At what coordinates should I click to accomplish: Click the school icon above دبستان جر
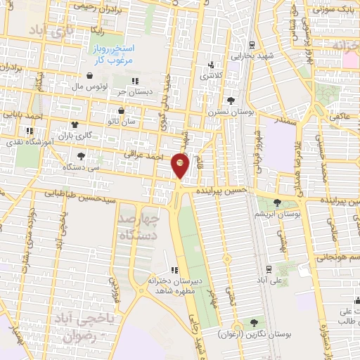(134, 81)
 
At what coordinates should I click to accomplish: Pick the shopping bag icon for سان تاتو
(122, 110)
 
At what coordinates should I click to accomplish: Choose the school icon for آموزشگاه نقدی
(30, 131)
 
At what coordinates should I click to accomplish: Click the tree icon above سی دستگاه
(82, 156)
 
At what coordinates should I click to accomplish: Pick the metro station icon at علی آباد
(269, 269)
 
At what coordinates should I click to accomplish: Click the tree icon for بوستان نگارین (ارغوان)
(254, 322)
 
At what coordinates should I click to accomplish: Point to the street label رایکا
(97, 31)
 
